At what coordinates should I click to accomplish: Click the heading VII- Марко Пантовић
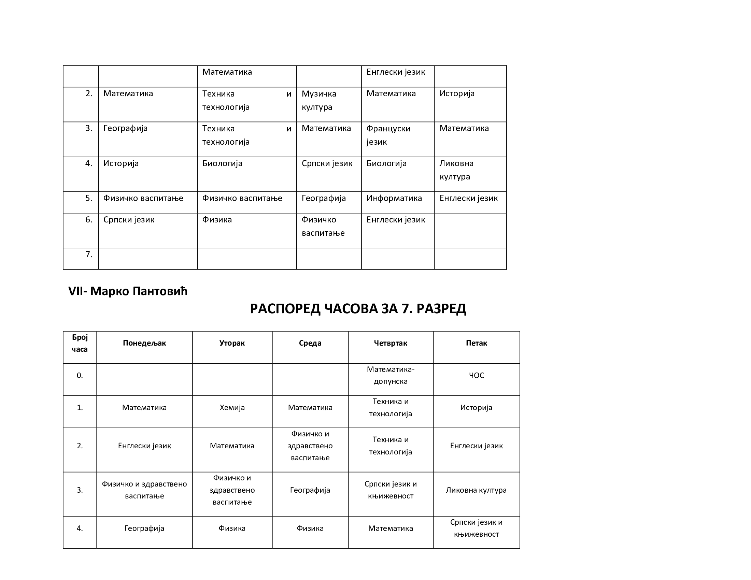(x=128, y=291)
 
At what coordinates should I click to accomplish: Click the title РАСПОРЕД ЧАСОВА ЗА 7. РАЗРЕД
(x=358, y=308)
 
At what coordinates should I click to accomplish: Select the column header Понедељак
(x=144, y=343)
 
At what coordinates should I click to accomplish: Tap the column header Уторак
(x=232, y=343)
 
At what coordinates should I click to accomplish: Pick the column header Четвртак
(x=390, y=343)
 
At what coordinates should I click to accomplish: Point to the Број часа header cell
(x=80, y=343)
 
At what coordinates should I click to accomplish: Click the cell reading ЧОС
(x=476, y=375)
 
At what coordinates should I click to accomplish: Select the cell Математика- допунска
(x=390, y=375)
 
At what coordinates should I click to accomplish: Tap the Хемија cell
(x=232, y=407)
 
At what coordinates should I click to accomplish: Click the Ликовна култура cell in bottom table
(x=476, y=490)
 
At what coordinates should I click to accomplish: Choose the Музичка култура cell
(x=319, y=100)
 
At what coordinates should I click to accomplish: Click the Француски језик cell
(x=388, y=135)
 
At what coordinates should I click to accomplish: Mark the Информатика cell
(x=394, y=198)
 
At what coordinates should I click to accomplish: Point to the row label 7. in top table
(x=88, y=255)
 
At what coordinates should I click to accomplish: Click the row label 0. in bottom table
(x=80, y=375)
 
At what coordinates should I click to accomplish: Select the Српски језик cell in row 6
(x=129, y=220)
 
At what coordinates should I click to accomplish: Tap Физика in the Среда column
(x=310, y=528)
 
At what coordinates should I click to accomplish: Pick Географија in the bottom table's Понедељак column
(x=144, y=528)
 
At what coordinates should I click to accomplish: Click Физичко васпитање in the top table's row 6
(x=323, y=227)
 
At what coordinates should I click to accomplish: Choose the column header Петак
(x=476, y=343)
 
